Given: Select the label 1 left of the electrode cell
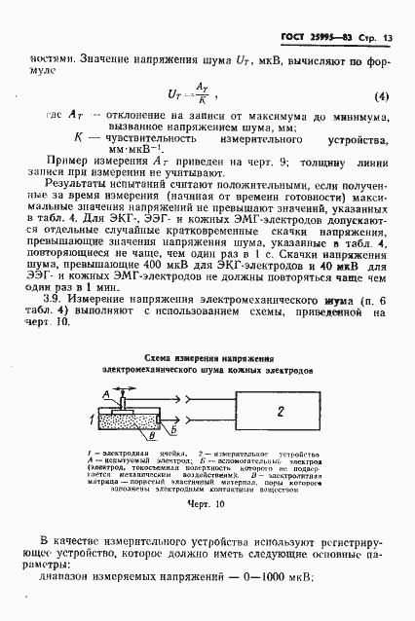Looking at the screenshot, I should [92, 420].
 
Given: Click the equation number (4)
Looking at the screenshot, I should [381, 97].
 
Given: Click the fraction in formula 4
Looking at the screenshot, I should [204, 94].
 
